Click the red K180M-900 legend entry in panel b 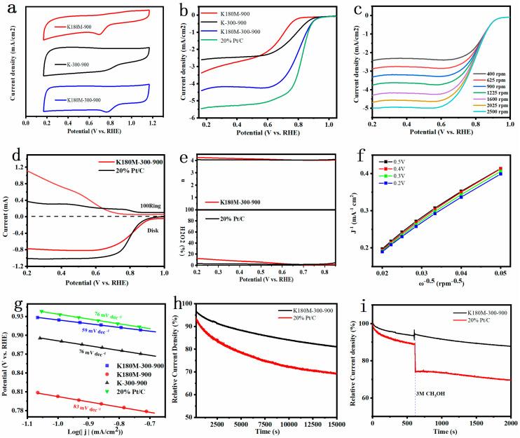[226, 13]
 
